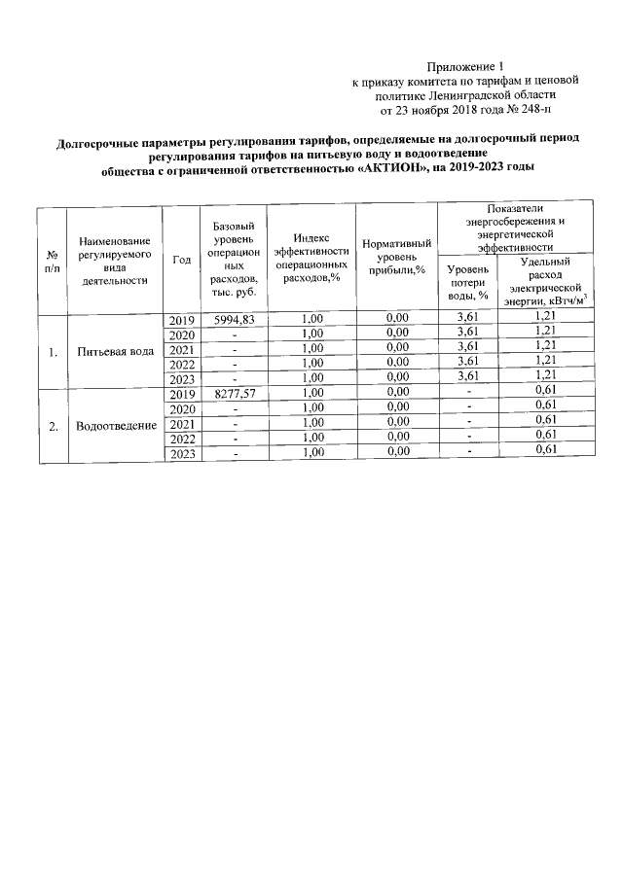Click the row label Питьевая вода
pyautogui.click(x=116, y=351)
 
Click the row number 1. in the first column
pyautogui.click(x=53, y=351)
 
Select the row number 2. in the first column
pyautogui.click(x=53, y=426)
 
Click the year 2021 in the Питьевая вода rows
pyautogui.click(x=182, y=350)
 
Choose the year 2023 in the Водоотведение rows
pyautogui.click(x=182, y=454)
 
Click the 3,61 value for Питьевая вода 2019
pyautogui.click(x=467, y=319)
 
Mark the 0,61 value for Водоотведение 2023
pyautogui.click(x=545, y=449)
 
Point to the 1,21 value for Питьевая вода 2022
pyautogui.click(x=545, y=361)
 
